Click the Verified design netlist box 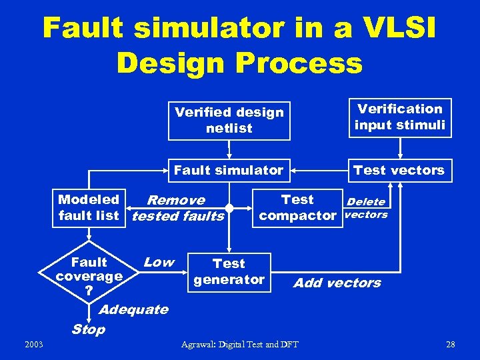tap(229, 120)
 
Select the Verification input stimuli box tap(399, 117)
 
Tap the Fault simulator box tap(229, 171)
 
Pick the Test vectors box tap(399, 171)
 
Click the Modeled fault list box tap(89, 207)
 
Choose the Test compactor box tap(297, 207)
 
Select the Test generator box tap(229, 272)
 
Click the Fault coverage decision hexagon tap(89, 276)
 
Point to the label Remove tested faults tap(177, 208)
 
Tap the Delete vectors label tap(366, 208)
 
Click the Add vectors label tap(337, 283)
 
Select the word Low tap(159, 262)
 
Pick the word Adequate tap(133, 309)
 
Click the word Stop tap(88, 329)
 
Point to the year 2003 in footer tap(33, 344)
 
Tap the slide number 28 tap(450, 344)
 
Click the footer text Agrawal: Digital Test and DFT tap(240, 344)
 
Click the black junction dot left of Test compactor tap(229, 207)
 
